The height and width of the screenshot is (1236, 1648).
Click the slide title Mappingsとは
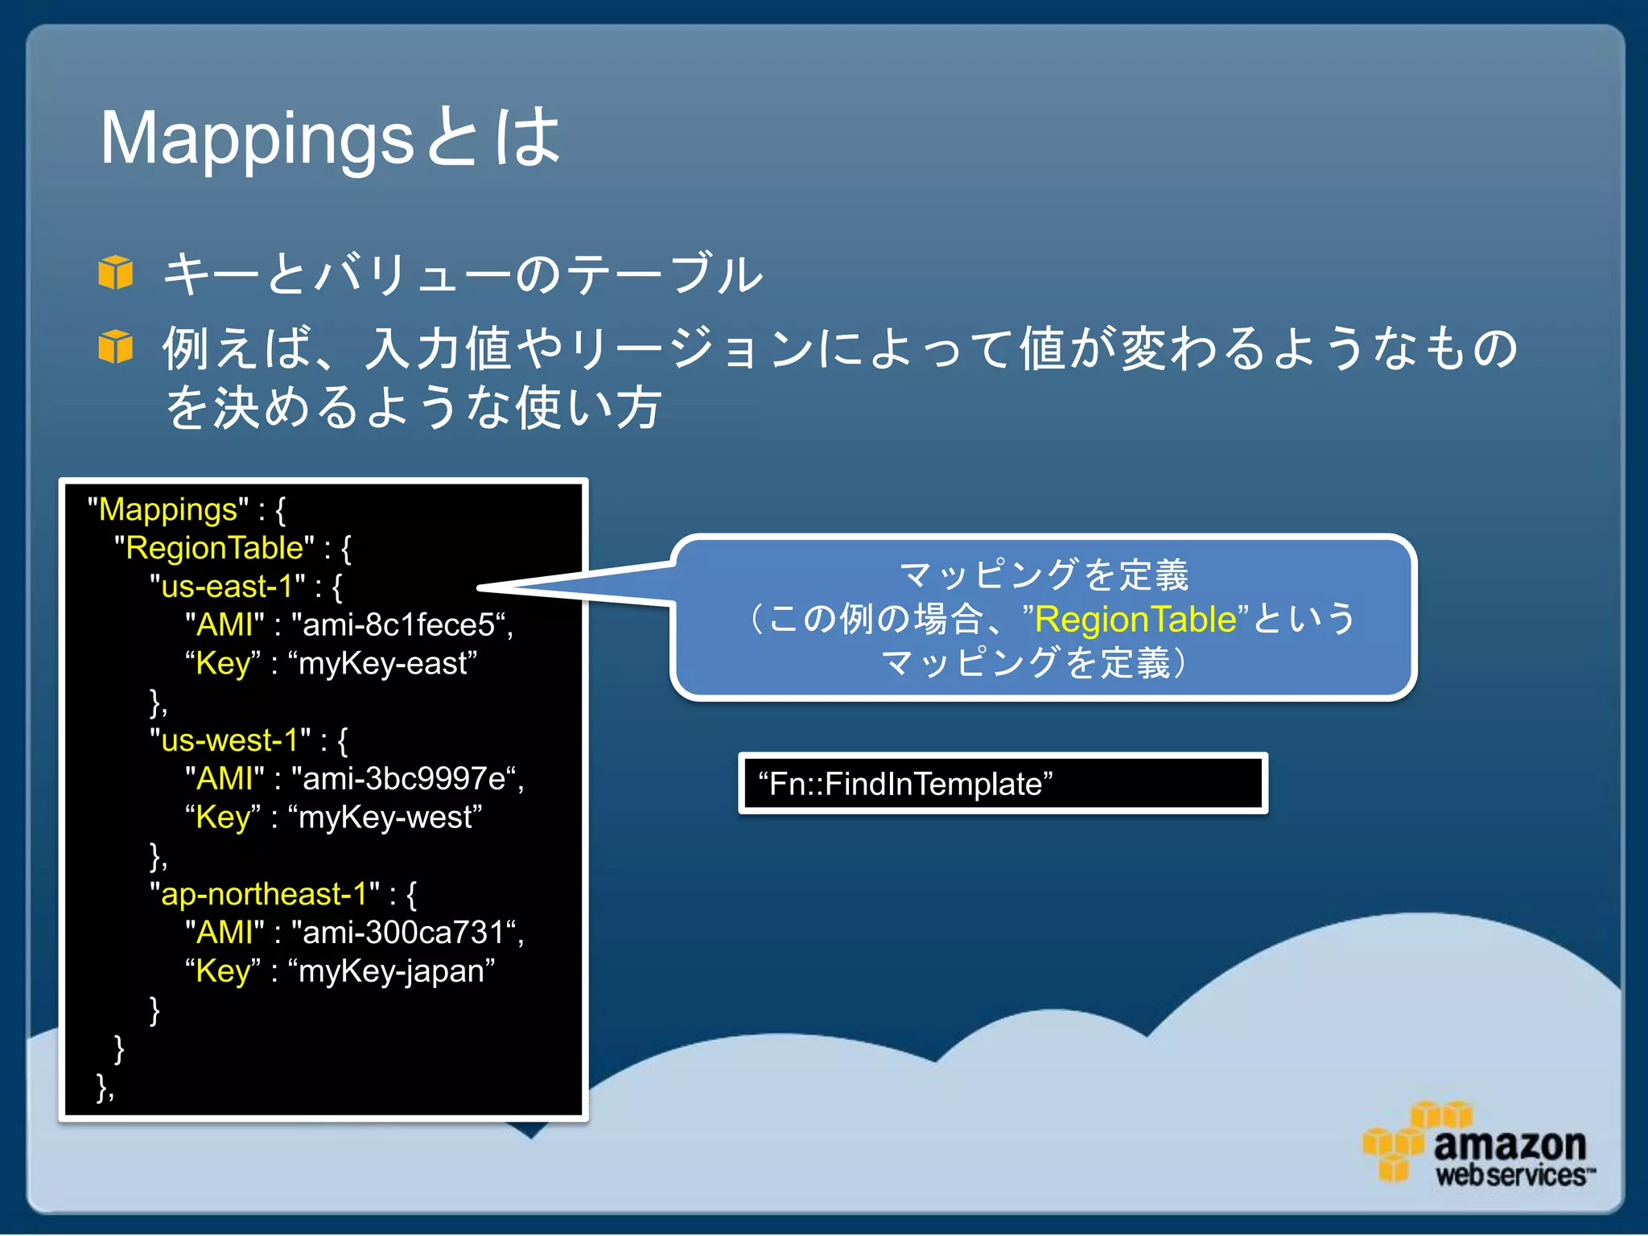pyautogui.click(x=330, y=138)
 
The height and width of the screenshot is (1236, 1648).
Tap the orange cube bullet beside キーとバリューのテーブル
pyautogui.click(x=116, y=272)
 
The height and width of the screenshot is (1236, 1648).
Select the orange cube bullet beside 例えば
pyautogui.click(x=116, y=347)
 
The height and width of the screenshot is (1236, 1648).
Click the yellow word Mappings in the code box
pyautogui.click(x=167, y=509)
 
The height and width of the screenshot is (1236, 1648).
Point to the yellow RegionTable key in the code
pyautogui.click(x=214, y=548)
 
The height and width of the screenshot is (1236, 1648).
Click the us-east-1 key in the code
pyautogui.click(x=227, y=587)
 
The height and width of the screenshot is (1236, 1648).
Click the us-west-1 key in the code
pyautogui.click(x=229, y=740)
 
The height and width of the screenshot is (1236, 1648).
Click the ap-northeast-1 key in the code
pyautogui.click(x=264, y=894)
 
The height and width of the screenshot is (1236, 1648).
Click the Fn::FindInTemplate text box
pyautogui.click(x=1002, y=784)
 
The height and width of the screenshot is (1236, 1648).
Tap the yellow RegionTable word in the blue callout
pyautogui.click(x=1135, y=619)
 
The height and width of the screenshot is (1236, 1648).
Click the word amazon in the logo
pyautogui.click(x=1510, y=1144)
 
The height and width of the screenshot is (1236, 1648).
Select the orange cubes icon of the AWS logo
pyautogui.click(x=1401, y=1141)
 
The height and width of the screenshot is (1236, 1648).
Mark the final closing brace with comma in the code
pyautogui.click(x=105, y=1087)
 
